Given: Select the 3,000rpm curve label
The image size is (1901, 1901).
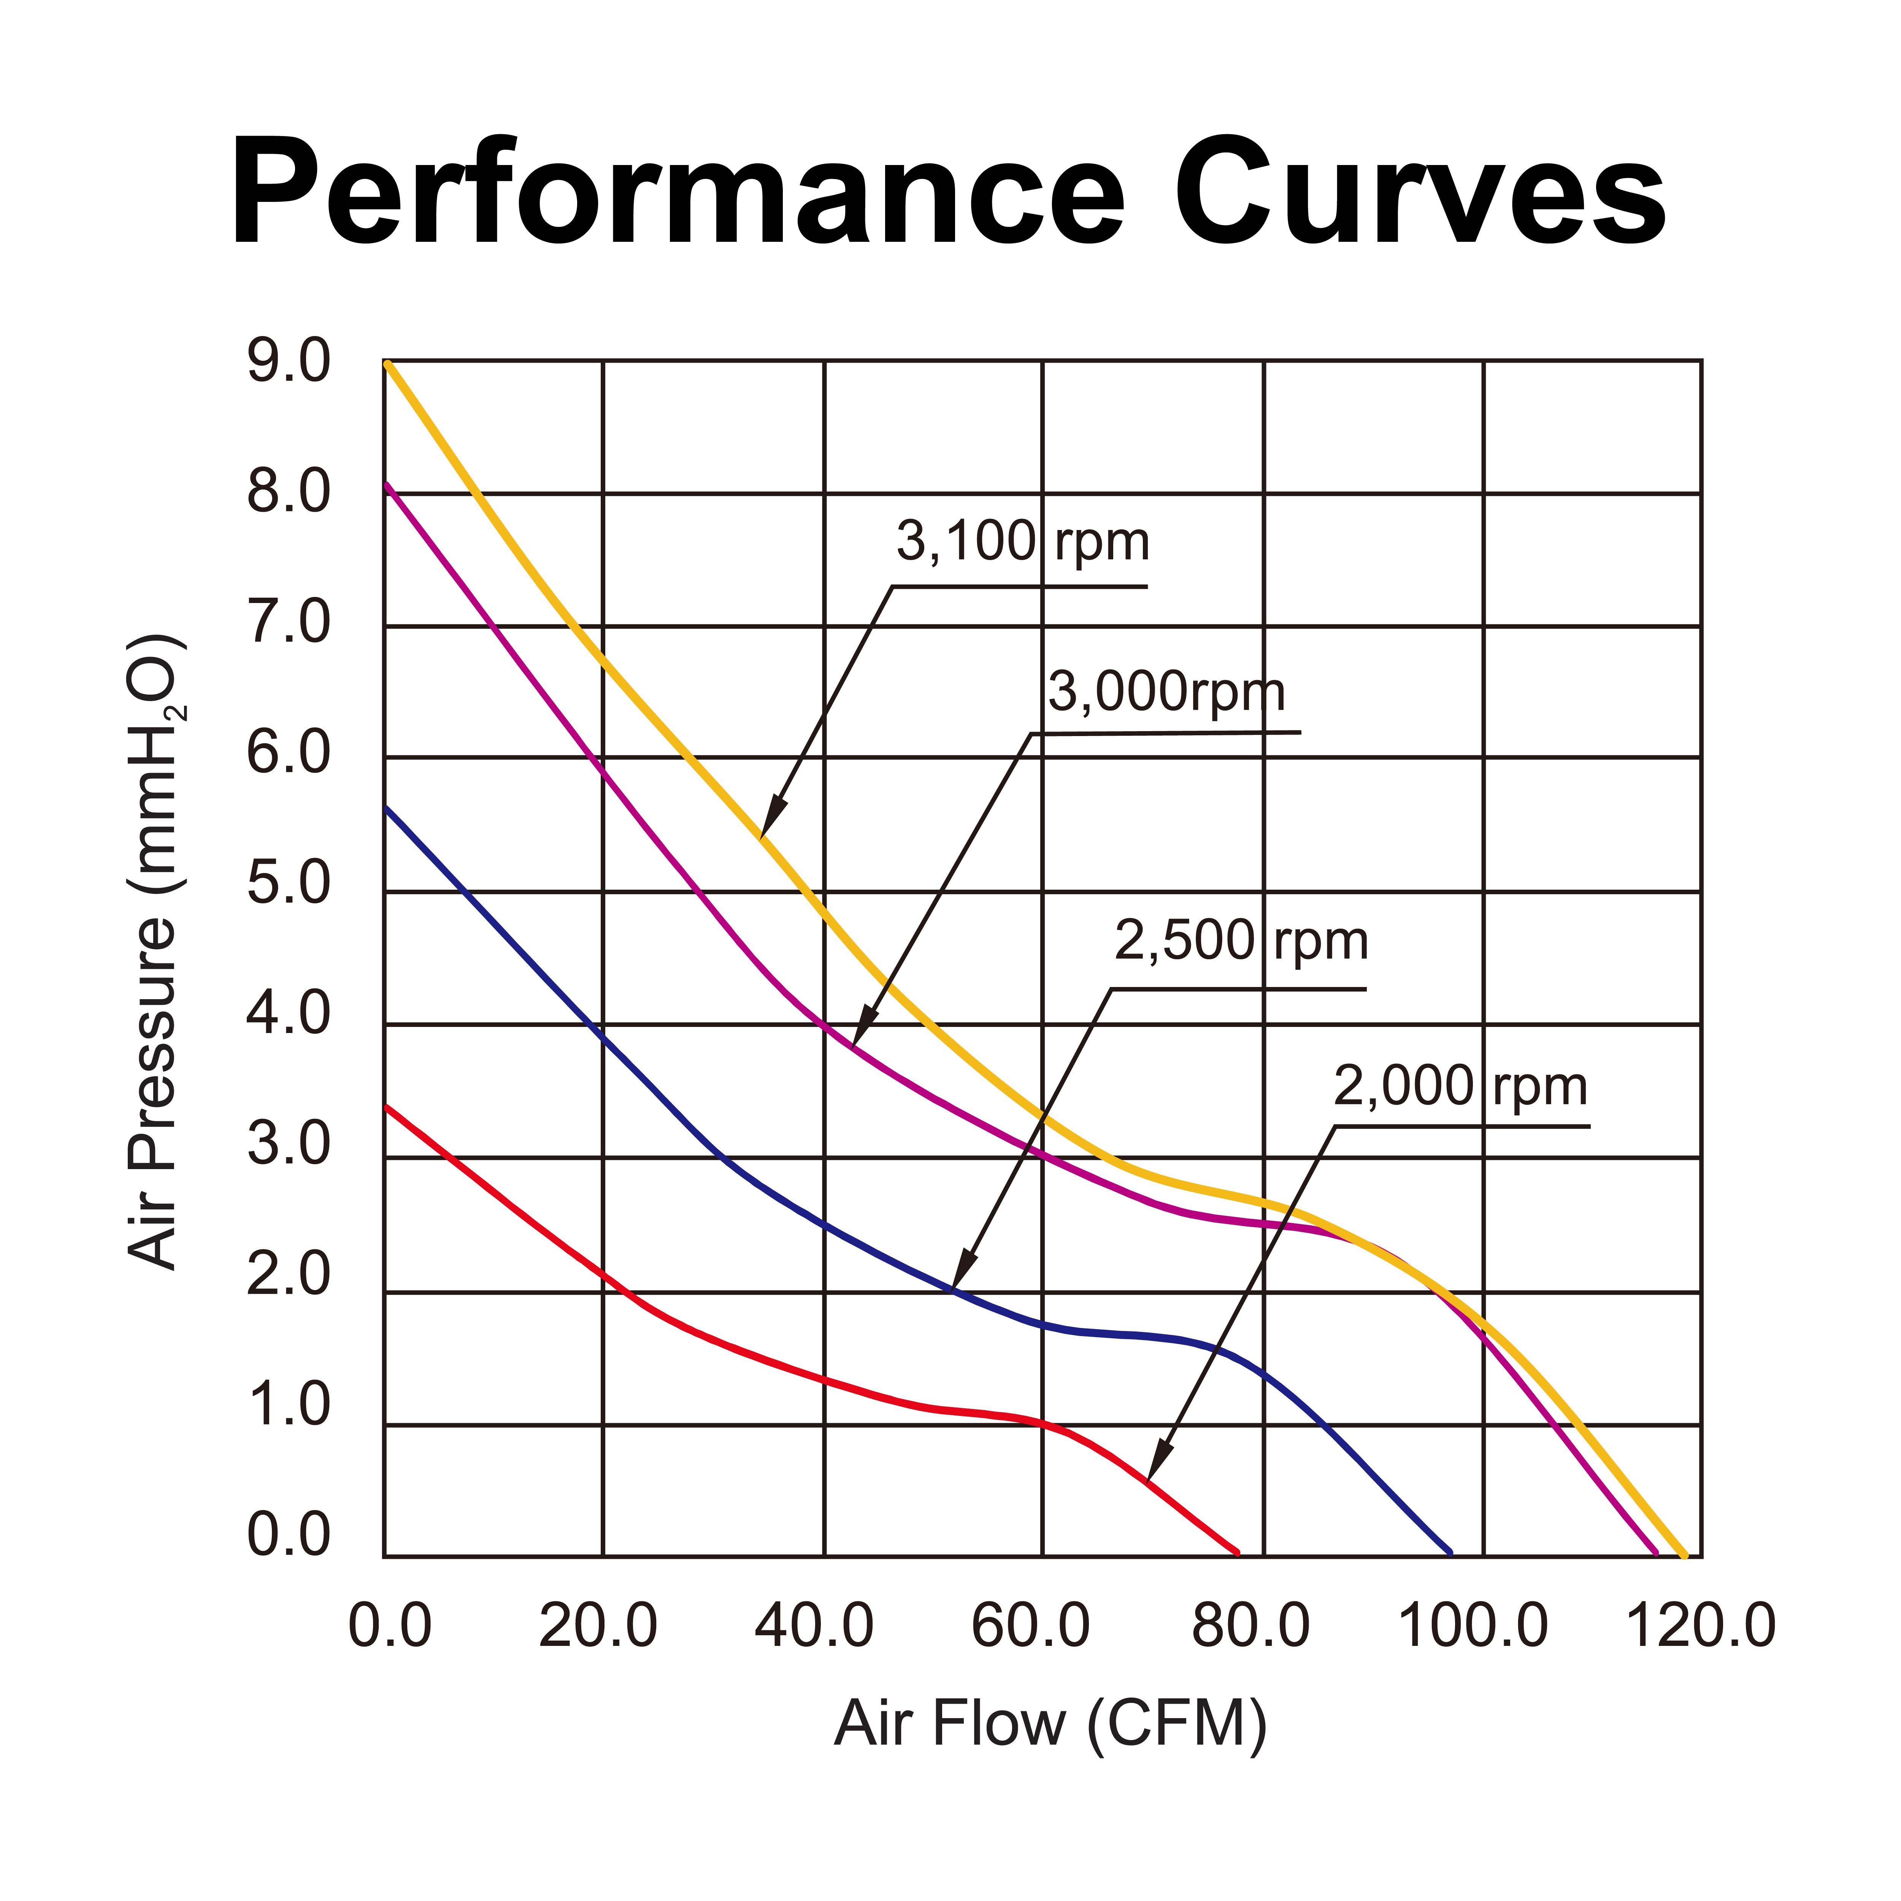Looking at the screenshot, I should pos(1166,693).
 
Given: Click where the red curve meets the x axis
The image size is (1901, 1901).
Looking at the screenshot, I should pos(1237,1553).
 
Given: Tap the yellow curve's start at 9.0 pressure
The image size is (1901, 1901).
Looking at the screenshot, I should pos(387,363).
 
